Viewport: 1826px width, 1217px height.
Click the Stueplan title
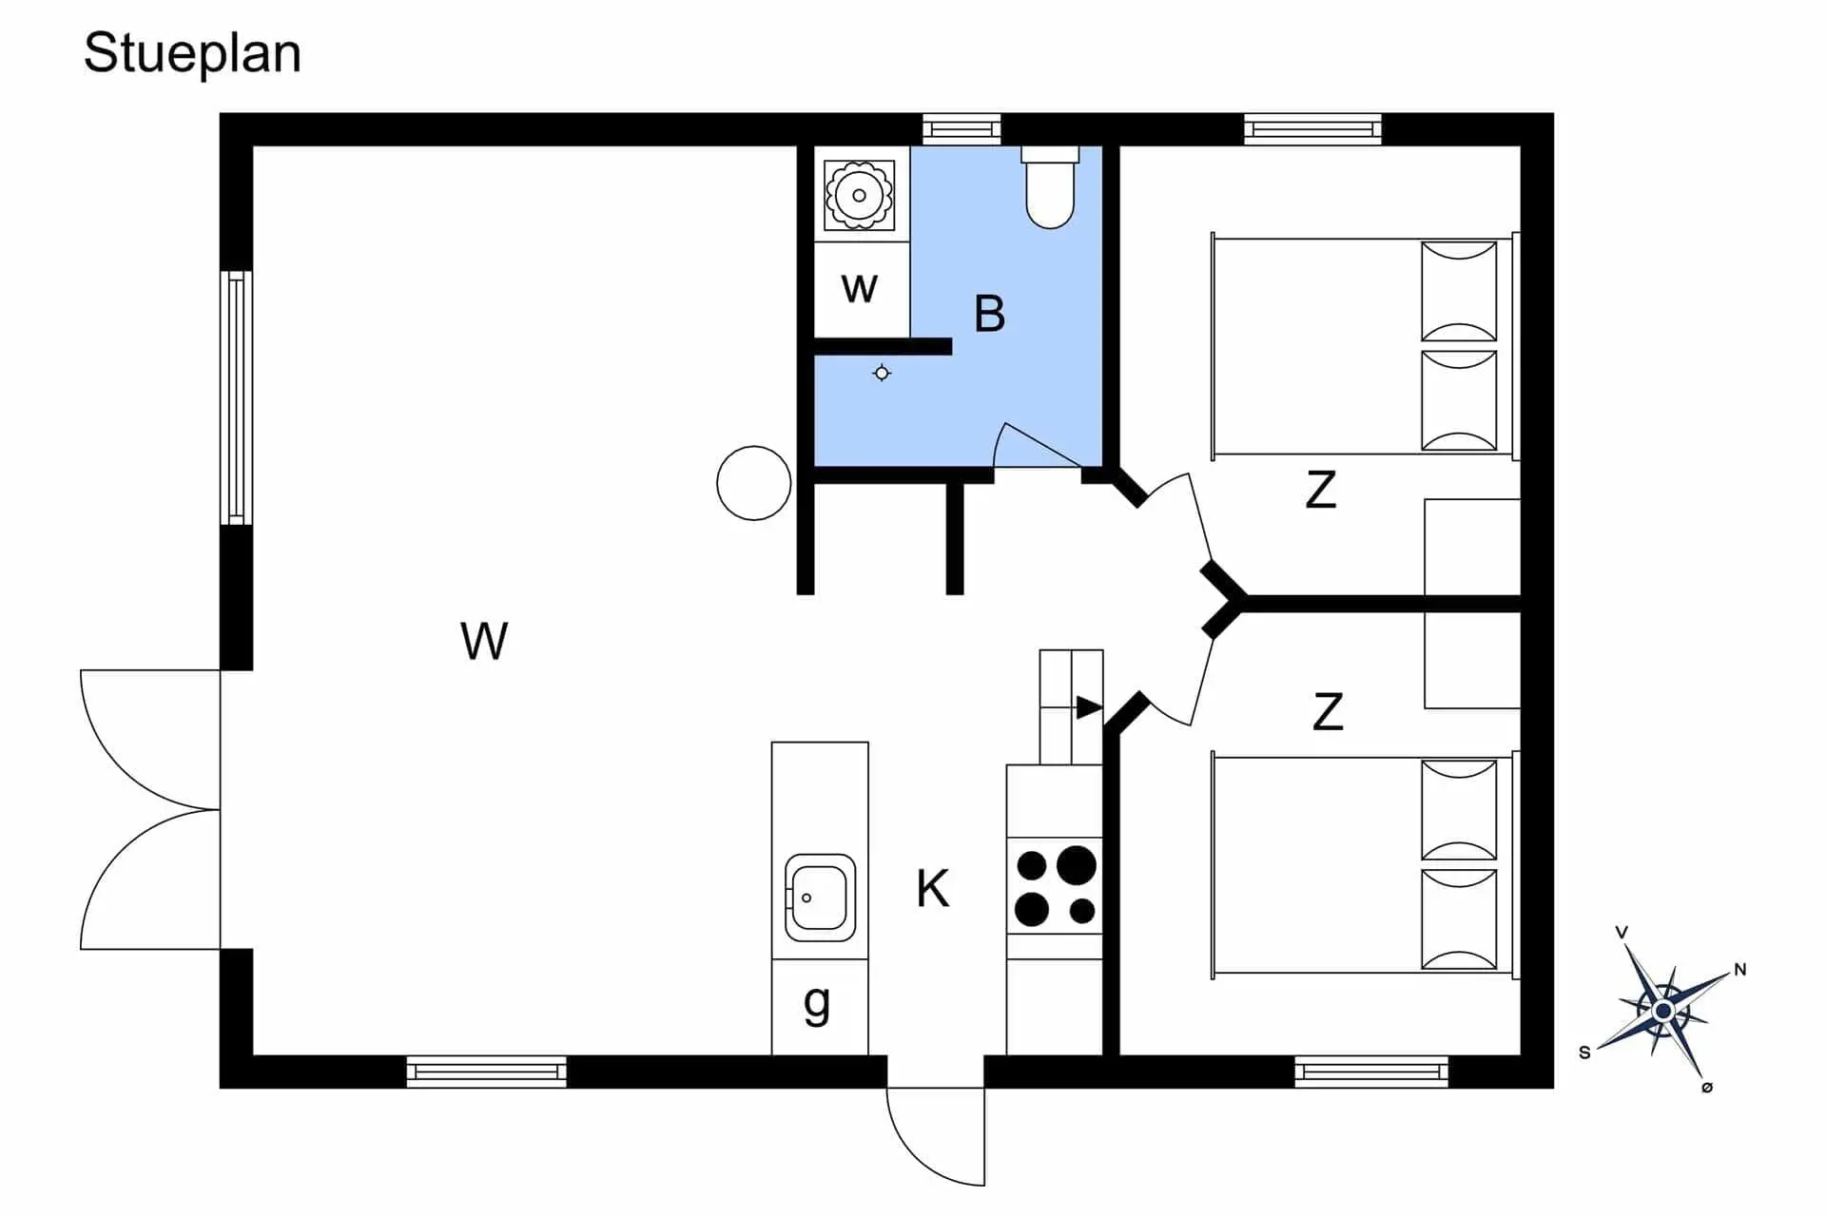[192, 54]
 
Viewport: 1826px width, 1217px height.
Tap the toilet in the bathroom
[1050, 187]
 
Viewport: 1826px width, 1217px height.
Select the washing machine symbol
[859, 196]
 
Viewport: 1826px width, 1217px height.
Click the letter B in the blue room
[989, 314]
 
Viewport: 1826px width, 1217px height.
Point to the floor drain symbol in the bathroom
[882, 374]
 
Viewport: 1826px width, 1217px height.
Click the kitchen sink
[820, 898]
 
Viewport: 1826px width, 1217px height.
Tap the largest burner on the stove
[1077, 865]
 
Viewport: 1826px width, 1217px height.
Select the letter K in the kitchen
[932, 889]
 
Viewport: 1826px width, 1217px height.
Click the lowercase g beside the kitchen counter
[817, 1004]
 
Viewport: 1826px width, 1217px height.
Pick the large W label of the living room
[484, 641]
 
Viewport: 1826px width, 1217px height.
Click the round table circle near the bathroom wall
[754, 483]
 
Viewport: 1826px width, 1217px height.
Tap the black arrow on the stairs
[1090, 707]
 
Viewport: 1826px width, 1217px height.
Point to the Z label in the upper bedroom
[1321, 491]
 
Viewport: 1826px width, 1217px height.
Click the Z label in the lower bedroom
[1328, 712]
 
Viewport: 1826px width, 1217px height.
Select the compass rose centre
[1663, 1011]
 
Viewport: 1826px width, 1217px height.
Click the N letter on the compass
[1740, 970]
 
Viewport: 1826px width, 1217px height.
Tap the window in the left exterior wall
[237, 397]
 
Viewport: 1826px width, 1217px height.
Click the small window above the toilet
[962, 129]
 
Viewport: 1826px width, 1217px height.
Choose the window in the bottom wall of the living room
[487, 1072]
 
